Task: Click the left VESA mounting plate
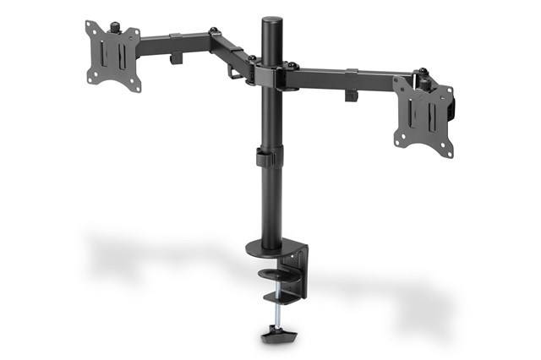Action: click(113, 56)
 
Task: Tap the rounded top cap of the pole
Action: click(271, 21)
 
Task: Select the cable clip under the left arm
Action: click(177, 59)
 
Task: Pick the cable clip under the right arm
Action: click(351, 94)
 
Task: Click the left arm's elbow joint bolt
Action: click(214, 33)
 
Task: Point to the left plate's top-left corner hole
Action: click(90, 26)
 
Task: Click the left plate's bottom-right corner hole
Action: click(135, 85)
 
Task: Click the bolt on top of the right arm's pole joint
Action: click(292, 66)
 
